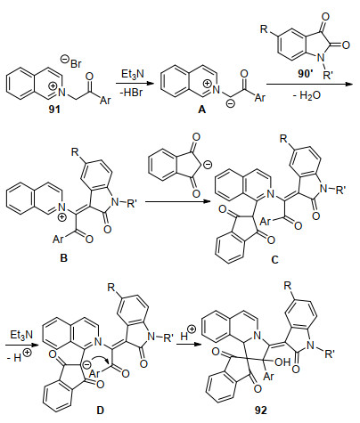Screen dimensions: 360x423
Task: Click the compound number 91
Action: click(x=54, y=110)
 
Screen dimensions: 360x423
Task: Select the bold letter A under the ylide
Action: click(x=201, y=110)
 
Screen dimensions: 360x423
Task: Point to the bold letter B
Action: click(x=63, y=257)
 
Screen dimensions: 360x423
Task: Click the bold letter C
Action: click(x=274, y=260)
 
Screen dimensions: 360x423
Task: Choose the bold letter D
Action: click(x=100, y=410)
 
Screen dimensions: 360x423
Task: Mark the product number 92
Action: click(x=261, y=410)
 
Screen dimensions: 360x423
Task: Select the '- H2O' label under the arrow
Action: click(x=307, y=95)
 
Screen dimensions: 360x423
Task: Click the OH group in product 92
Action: click(x=282, y=362)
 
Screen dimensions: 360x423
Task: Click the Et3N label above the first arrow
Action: click(x=133, y=74)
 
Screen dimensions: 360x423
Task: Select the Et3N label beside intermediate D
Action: click(x=21, y=335)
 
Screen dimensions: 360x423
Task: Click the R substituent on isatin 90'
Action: click(x=264, y=29)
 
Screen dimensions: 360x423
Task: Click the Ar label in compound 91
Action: click(x=105, y=101)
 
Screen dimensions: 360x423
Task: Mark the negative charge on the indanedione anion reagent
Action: click(x=209, y=164)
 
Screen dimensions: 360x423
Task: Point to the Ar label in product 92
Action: click(x=268, y=377)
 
